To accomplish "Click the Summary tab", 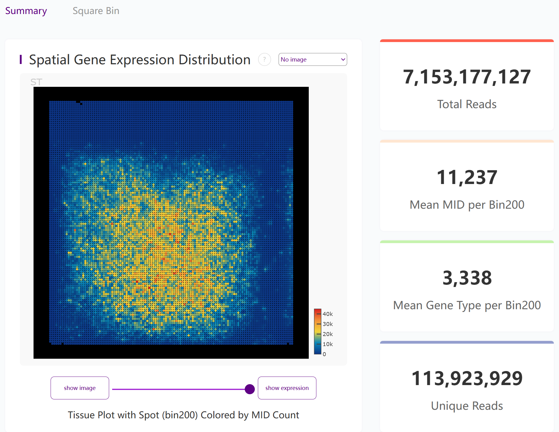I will tap(26, 11).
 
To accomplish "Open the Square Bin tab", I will tap(96, 11).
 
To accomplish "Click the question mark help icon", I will tap(264, 59).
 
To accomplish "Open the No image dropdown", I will tap(312, 59).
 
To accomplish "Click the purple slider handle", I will tap(250, 389).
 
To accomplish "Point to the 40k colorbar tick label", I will tap(328, 314).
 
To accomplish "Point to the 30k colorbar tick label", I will tap(328, 324).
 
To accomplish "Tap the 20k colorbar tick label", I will tap(328, 334).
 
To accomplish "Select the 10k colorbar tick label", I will tap(328, 344).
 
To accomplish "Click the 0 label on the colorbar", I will tap(324, 354).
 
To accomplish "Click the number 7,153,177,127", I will tap(467, 77).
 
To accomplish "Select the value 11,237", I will tap(467, 177).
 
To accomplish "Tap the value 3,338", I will tap(467, 278).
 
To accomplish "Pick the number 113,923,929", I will tap(467, 378).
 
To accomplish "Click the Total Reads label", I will tap(467, 104).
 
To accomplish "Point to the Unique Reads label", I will tap(467, 406).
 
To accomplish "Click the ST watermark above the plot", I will tap(36, 82).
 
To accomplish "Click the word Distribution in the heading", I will tap(214, 60).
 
